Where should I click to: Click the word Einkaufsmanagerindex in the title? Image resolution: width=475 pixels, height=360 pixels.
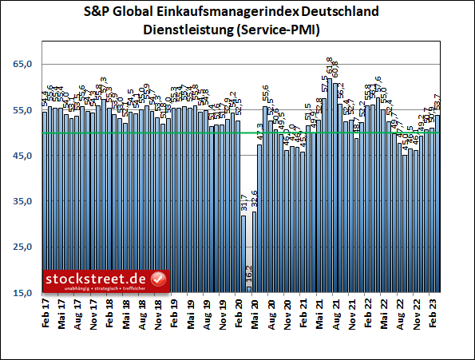point(226,14)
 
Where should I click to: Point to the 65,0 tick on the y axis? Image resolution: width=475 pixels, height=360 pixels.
point(22,65)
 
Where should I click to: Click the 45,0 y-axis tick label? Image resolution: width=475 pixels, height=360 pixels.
point(22,156)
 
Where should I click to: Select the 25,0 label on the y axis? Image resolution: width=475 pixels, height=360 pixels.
point(22,247)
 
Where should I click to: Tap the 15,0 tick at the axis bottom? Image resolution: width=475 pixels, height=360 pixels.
point(22,293)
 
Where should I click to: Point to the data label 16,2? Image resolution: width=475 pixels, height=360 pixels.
point(249,275)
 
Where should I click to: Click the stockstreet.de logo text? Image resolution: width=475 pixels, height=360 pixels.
point(96,278)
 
